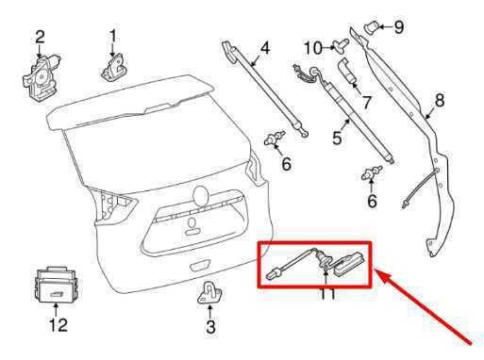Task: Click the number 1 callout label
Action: pos(113,37)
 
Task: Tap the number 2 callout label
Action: pos(40,37)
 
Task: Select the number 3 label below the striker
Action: pos(210,327)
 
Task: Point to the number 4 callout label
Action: pos(265,47)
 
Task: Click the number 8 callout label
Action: pos(439,100)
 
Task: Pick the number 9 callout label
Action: pos(398,27)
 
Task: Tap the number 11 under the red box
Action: pos(327,295)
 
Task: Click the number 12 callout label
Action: pos(58,327)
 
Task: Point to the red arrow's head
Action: pos(380,273)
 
